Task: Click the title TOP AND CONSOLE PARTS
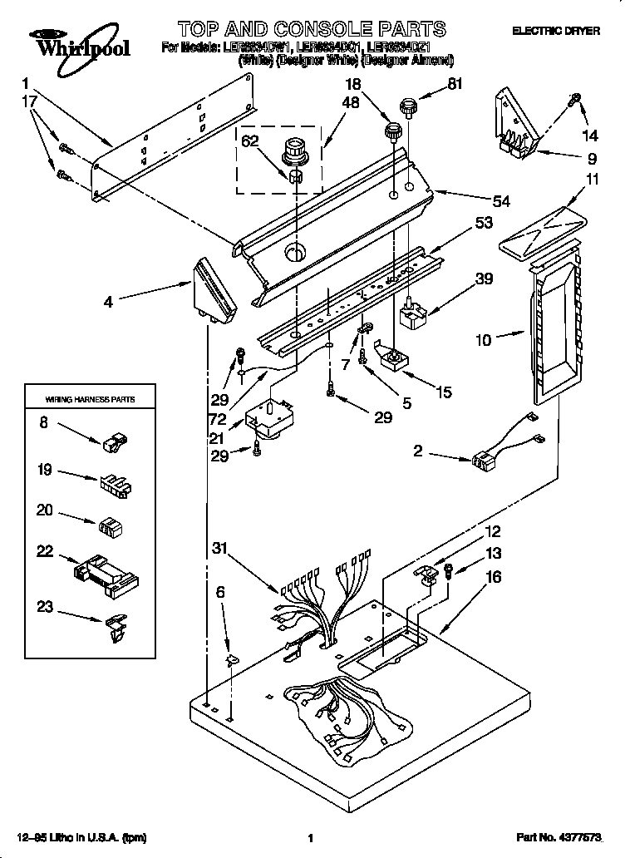pos(311,30)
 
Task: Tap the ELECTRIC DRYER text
pos(555,31)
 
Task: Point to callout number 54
pos(500,200)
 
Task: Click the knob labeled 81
pos(407,106)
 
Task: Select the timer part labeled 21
pos(271,418)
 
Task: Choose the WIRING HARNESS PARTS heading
pos(89,400)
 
